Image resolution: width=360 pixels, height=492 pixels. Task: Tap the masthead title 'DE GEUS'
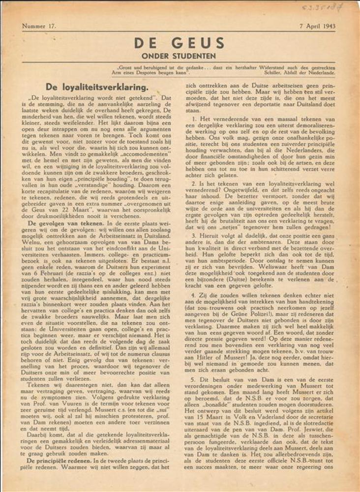click(180, 43)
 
